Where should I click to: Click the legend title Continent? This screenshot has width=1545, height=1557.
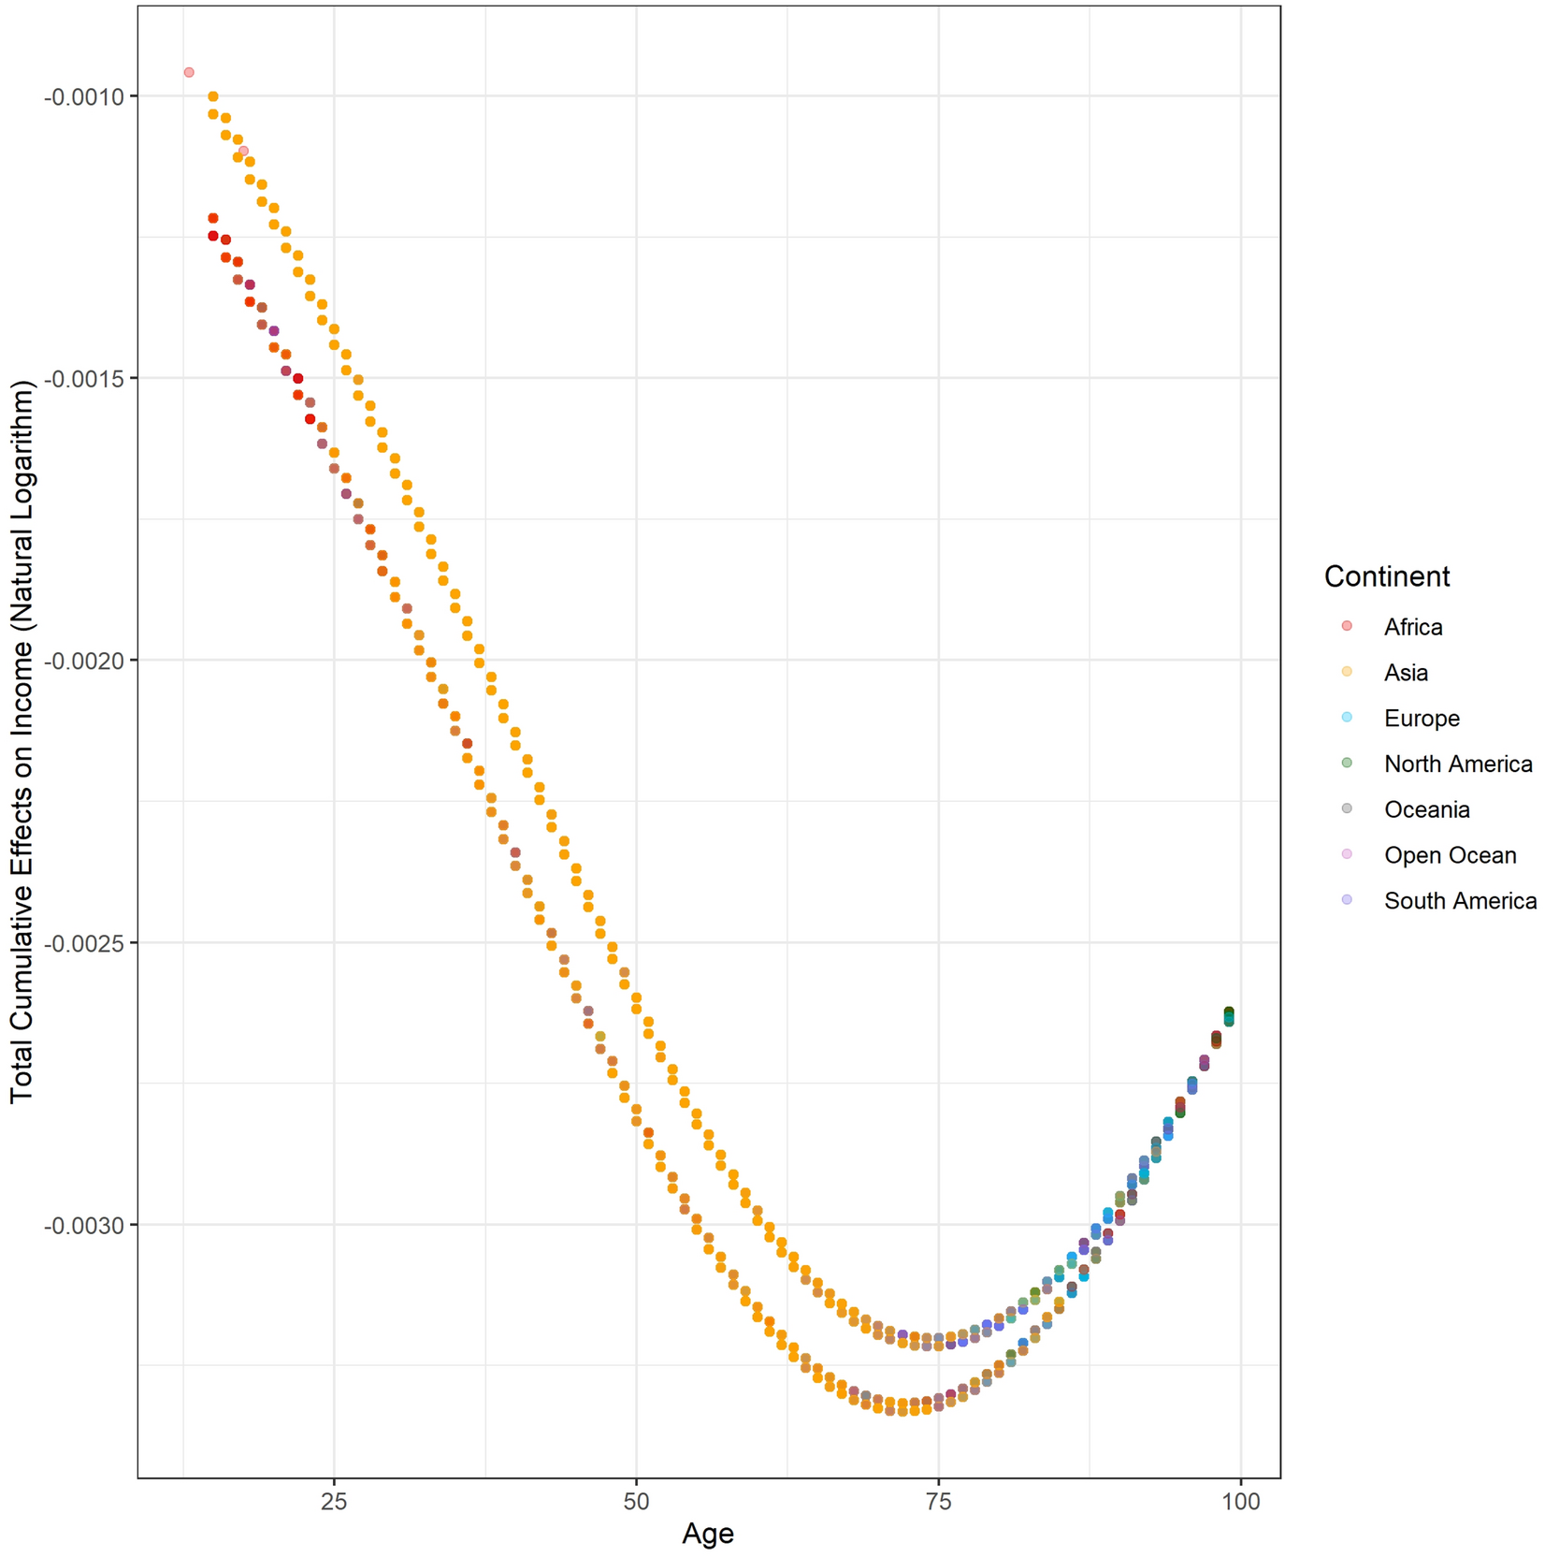1386,576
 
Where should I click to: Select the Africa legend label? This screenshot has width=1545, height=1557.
1412,627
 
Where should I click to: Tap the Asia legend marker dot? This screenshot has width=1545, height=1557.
1347,672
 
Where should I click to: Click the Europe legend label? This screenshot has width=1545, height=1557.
1422,718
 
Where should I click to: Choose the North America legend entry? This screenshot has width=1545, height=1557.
1457,764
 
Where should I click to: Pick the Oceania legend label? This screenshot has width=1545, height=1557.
1426,809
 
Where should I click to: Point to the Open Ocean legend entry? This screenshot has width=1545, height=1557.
1450,855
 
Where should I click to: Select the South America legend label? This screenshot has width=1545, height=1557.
1460,901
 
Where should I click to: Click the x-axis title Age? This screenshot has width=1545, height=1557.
708,1534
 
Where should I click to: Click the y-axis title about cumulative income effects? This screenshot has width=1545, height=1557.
22,741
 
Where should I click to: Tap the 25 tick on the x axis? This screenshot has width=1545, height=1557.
334,1503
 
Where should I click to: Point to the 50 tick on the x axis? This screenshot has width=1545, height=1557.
636,1503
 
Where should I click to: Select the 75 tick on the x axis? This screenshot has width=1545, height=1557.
938,1503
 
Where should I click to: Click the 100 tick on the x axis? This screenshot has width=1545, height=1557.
1240,1503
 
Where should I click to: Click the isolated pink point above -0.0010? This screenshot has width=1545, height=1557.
189,72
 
